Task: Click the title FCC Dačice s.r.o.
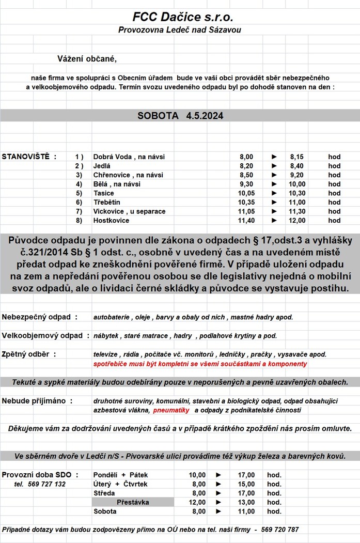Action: point(179,18)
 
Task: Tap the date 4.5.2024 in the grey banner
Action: point(205,116)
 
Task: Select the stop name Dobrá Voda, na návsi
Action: point(129,157)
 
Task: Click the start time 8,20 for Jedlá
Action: point(246,166)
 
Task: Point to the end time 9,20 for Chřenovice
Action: point(298,175)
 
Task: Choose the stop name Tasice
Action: point(104,193)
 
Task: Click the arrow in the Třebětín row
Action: point(274,203)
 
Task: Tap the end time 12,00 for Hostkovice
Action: point(298,221)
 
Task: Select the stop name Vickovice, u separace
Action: point(129,211)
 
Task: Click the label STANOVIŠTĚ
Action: point(29,157)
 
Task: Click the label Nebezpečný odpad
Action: point(40,317)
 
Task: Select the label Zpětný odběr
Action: point(29,354)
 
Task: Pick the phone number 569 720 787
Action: point(279,530)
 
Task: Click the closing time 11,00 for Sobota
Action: point(246,511)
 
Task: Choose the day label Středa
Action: point(105,493)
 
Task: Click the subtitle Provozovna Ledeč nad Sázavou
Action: point(179,30)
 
